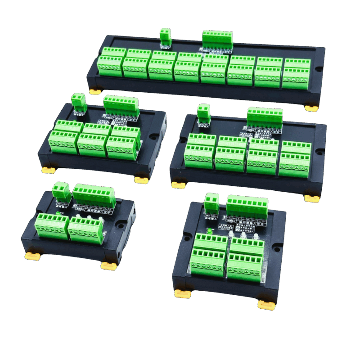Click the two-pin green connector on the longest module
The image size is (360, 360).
pyautogui.click(x=165, y=37)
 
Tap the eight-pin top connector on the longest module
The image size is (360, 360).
pyautogui.click(x=217, y=38)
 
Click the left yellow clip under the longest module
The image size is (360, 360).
pyautogui.click(x=95, y=91)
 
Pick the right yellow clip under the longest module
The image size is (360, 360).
pyautogui.click(x=311, y=108)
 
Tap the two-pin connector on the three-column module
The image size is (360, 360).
pyautogui.click(x=78, y=102)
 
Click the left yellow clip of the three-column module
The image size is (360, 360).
pyautogui.click(x=47, y=170)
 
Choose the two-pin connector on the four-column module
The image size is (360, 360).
pyautogui.click(x=204, y=112)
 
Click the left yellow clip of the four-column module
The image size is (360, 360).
pyautogui.click(x=178, y=184)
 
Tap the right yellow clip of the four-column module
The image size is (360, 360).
pyautogui.click(x=311, y=198)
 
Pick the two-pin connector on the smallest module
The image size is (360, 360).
pyautogui.click(x=61, y=192)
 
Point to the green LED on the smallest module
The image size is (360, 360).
pyautogui.click(x=59, y=212)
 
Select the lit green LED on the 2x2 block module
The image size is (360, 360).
pyautogui.click(x=209, y=231)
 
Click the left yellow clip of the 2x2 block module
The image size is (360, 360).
pyautogui.click(x=182, y=294)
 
